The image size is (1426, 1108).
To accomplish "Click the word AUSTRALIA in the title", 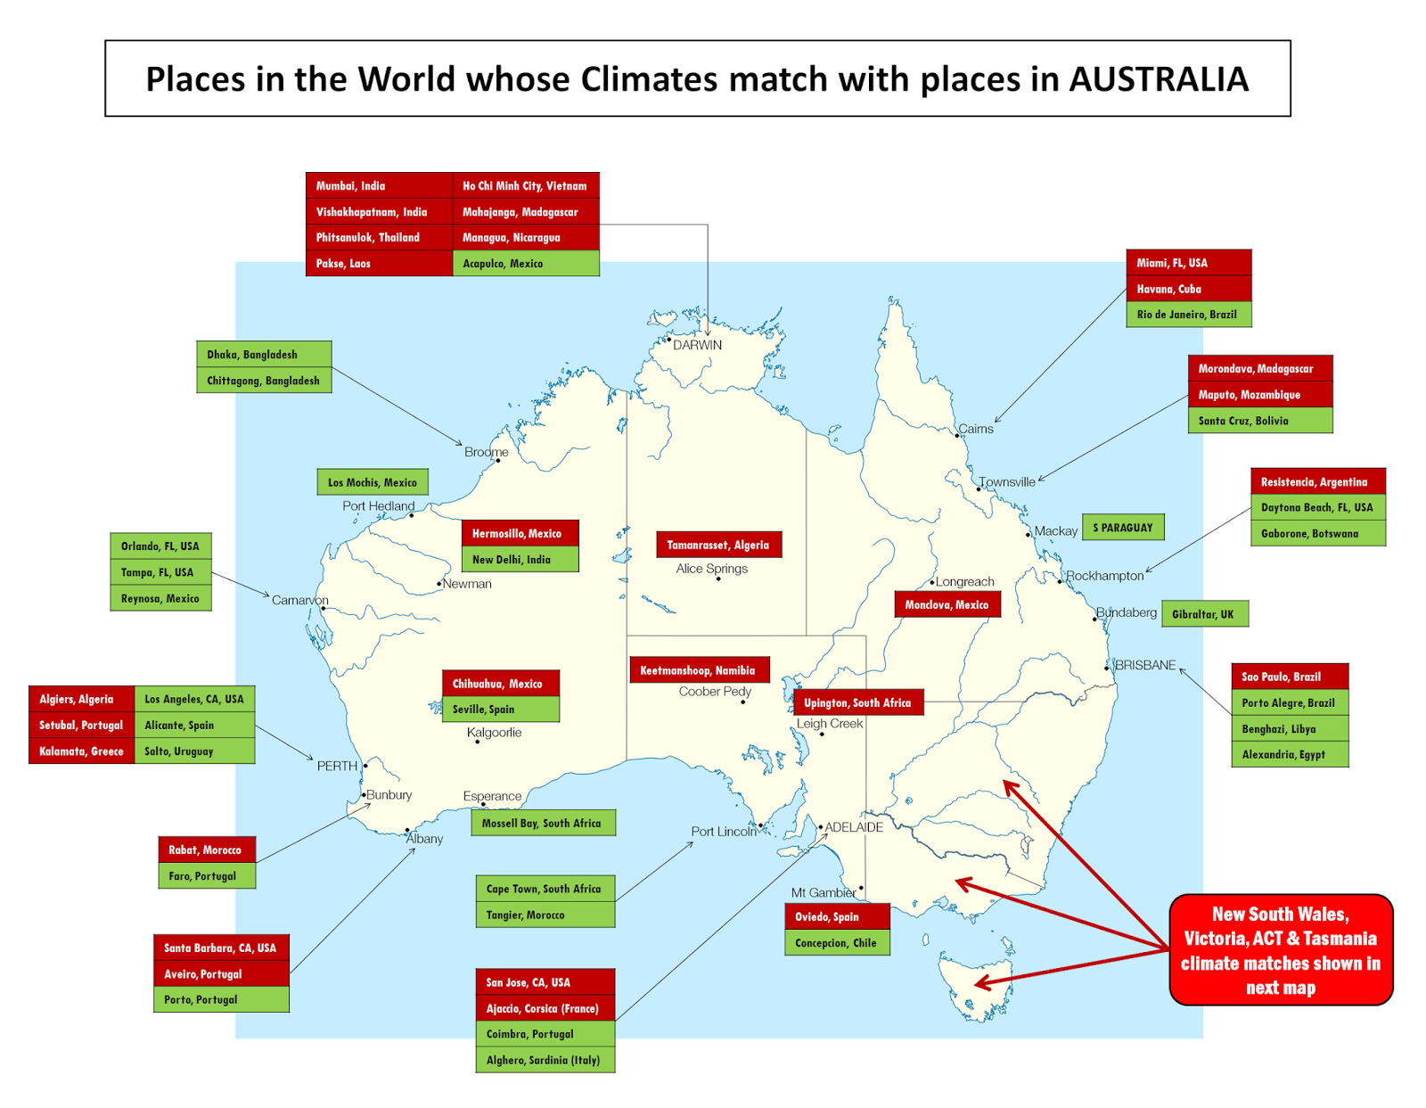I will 1158,79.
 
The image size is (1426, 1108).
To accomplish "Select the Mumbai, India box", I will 379,185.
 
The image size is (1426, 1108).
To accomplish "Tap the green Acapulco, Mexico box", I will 526,264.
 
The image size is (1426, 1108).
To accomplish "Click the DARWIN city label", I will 697,345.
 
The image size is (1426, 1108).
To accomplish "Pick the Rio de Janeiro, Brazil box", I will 1188,315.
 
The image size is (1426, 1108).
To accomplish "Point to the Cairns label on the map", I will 976,429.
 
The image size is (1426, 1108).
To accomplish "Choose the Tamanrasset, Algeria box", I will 718,545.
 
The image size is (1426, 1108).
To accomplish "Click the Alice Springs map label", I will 711,569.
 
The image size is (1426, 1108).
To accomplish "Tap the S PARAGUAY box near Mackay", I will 1123,528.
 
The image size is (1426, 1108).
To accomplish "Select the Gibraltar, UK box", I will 1203,614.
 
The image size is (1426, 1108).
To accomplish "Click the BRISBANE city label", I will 1145,665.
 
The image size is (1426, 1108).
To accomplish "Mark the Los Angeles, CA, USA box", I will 194,699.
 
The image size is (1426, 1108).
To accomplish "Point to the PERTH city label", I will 337,766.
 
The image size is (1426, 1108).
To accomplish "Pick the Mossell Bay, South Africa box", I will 542,823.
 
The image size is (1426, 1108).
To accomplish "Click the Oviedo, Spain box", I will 836,916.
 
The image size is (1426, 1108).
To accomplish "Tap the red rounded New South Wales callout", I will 1280,950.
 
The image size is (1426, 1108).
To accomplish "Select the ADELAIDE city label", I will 854,827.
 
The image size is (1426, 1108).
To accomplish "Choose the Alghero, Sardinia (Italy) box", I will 545,1060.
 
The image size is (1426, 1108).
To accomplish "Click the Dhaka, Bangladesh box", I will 264,354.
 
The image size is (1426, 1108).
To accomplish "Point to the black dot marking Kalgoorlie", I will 478,742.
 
